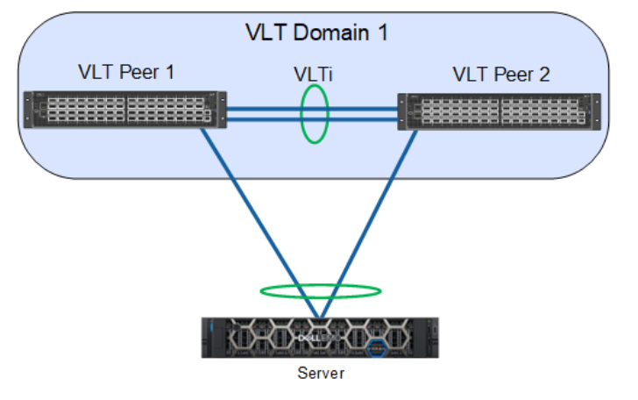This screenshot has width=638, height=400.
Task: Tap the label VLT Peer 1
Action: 125,72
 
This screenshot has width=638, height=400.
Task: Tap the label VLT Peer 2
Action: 500,74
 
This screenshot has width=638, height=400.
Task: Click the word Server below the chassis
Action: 320,374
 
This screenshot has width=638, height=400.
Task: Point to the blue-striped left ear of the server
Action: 209,338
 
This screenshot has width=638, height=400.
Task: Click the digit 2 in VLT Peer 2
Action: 544,74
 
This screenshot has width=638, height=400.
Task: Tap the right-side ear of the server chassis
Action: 434,338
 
